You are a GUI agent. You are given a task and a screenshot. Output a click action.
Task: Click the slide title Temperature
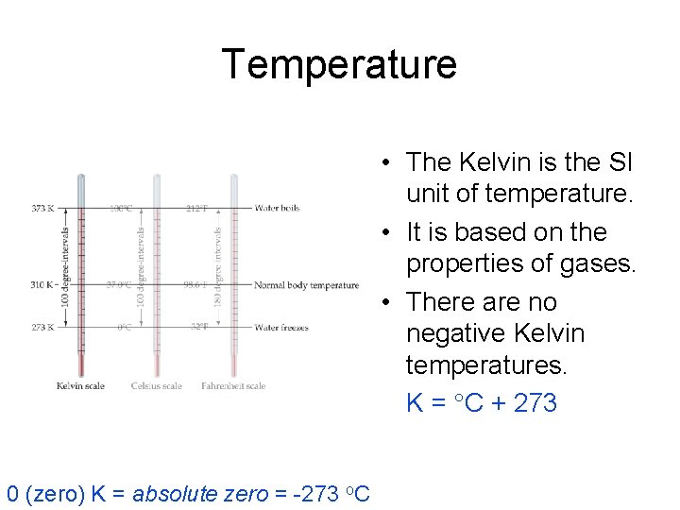(x=339, y=64)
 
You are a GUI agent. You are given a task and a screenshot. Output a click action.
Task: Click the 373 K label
(x=43, y=209)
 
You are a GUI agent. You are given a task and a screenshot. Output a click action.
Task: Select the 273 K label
(x=43, y=328)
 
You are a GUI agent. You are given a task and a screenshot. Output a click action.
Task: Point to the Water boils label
(x=277, y=209)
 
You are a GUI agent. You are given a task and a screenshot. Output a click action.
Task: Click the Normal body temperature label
(x=306, y=285)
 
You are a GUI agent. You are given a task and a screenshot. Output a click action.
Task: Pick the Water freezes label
(x=281, y=328)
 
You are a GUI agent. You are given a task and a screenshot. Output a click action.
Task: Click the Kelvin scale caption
(x=80, y=385)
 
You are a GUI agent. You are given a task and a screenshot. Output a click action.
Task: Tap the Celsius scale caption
(x=158, y=385)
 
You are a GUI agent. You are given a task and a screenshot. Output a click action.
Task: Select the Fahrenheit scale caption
(x=233, y=385)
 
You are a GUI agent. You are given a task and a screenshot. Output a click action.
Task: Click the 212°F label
(x=196, y=209)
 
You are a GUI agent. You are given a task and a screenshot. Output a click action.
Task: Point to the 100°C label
(x=120, y=209)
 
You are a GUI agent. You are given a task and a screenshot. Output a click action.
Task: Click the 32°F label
(x=198, y=328)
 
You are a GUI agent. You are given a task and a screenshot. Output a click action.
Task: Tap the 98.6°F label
(x=195, y=285)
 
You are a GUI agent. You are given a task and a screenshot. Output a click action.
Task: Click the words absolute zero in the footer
(x=200, y=494)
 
